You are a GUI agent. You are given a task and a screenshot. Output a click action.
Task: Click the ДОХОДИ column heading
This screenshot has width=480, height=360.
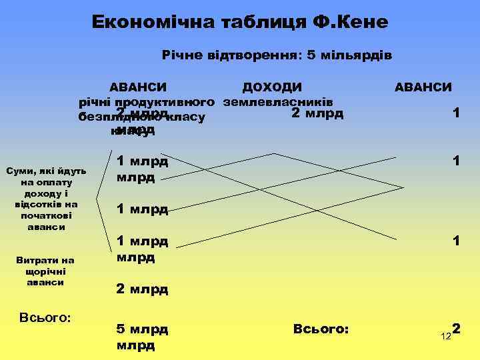(272, 87)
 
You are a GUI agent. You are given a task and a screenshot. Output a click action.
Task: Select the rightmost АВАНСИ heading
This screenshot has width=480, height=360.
(423, 87)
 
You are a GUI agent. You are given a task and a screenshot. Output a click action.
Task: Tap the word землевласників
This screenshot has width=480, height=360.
(279, 102)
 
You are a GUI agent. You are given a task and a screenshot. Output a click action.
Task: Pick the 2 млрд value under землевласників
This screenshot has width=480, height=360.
(317, 113)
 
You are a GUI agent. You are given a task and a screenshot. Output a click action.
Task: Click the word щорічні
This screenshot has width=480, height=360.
(46, 271)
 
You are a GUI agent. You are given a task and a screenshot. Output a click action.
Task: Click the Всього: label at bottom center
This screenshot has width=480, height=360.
(321, 329)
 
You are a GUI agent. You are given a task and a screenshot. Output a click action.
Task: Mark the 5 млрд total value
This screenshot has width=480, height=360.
(142, 329)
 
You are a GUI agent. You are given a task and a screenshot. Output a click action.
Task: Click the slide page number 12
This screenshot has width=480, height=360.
(446, 337)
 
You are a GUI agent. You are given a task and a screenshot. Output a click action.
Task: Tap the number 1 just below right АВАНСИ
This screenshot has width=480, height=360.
(455, 113)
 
